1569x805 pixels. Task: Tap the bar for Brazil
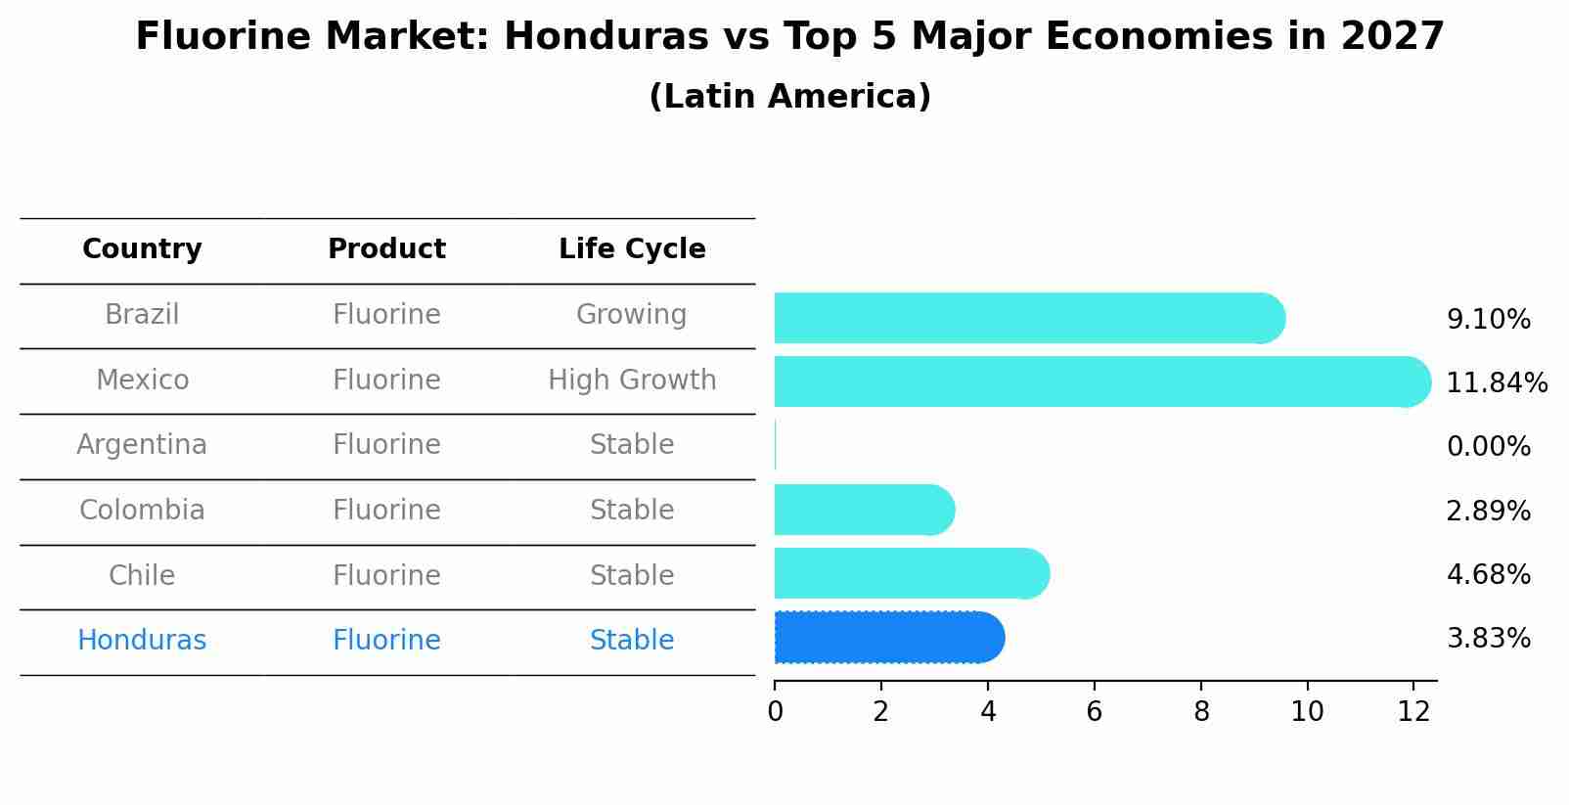[1027, 318]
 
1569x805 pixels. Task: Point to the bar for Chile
[910, 573]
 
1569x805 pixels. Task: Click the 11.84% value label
[1496, 382]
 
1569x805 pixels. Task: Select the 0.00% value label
[1488, 447]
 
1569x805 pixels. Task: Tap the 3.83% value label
[1488, 639]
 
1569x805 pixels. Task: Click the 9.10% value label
[1488, 319]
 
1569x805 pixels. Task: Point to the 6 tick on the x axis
[1094, 711]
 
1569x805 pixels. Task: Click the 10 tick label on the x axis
[1307, 711]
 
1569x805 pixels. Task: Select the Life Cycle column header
[632, 249]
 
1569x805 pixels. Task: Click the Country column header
[142, 249]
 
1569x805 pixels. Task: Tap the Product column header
[386, 249]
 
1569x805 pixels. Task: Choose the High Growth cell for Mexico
[632, 380]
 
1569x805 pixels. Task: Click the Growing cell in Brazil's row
[631, 314]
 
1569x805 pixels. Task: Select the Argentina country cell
[142, 445]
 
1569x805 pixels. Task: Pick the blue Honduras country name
[142, 640]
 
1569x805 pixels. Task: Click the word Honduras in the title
[605, 37]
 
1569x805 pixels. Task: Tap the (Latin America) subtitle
[789, 96]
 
